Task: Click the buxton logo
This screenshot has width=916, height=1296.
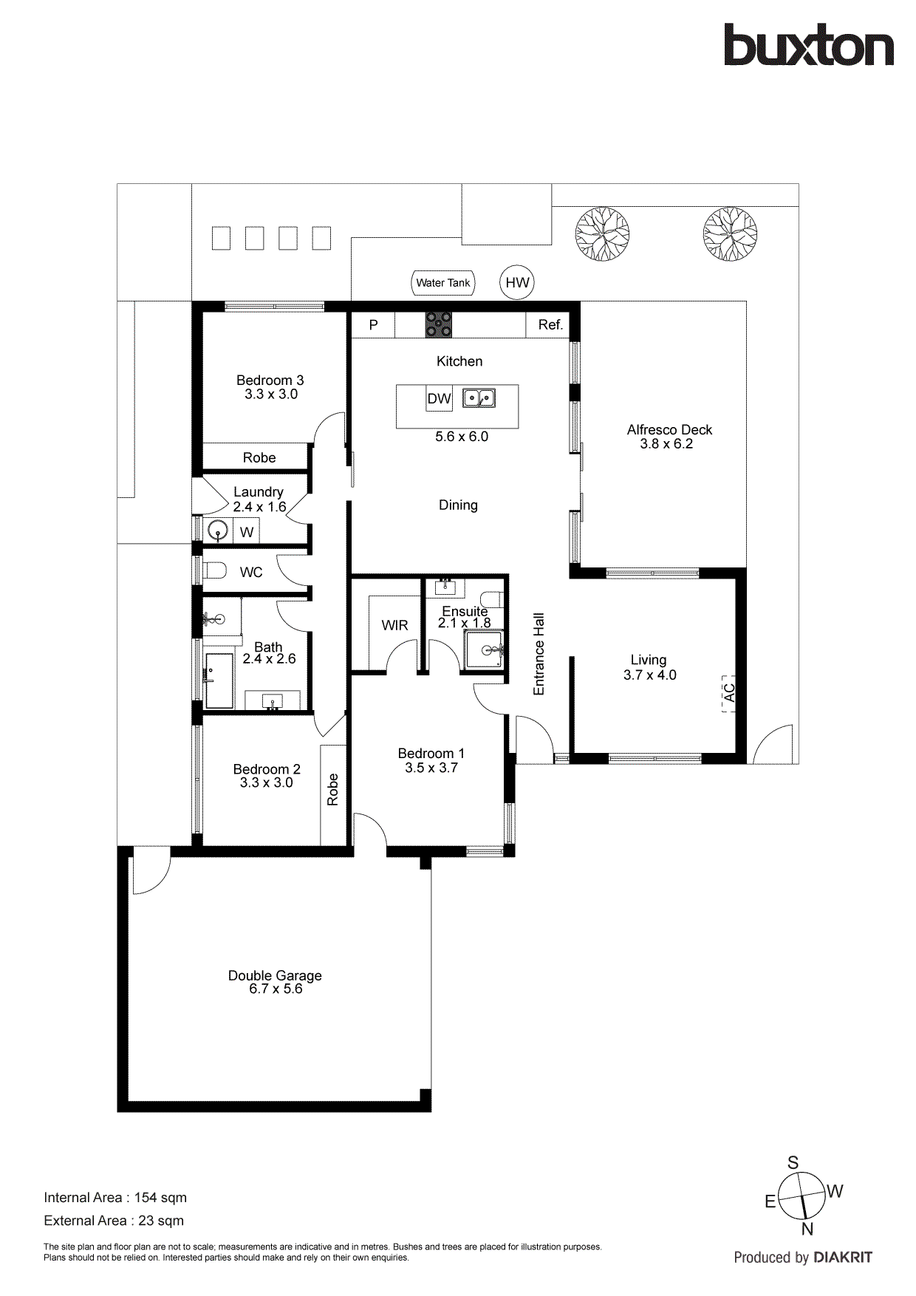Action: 808,46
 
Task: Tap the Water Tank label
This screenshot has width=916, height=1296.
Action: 442,283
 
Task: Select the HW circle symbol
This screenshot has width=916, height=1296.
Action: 517,283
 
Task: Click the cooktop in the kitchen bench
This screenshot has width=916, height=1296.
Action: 438,325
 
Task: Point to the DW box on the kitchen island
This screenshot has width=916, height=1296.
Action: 439,399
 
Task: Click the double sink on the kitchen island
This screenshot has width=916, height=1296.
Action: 479,398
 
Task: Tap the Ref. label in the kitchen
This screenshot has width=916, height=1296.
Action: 550,325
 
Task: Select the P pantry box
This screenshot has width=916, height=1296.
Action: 373,325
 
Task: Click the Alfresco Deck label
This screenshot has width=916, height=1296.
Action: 669,430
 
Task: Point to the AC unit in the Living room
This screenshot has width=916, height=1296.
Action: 729,693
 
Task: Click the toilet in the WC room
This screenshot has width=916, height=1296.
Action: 215,571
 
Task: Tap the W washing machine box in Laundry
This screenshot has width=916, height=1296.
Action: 247,532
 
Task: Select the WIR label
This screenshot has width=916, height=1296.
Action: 394,625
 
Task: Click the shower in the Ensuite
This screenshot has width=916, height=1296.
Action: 485,649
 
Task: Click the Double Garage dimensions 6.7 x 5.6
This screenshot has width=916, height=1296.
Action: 276,989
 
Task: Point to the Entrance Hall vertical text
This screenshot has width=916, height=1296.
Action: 539,654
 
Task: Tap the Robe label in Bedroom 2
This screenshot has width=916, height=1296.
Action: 333,789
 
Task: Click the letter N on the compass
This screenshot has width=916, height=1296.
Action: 807,1229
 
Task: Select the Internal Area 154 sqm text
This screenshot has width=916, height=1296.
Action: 115,1198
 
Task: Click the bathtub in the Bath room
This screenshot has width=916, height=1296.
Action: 219,681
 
